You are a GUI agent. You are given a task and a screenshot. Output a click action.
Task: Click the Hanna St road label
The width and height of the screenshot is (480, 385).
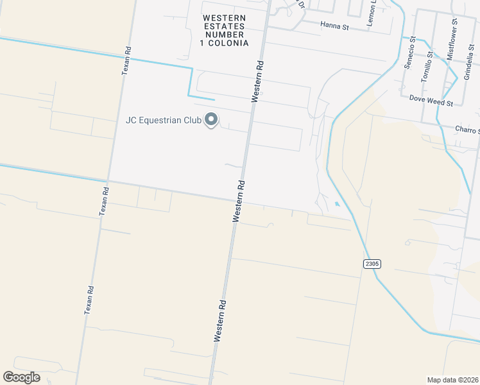tap(335, 27)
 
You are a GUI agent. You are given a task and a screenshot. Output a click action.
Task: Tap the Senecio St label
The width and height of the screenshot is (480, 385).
tap(413, 49)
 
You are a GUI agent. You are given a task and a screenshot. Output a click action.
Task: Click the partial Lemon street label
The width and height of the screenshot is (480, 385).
tap(372, 12)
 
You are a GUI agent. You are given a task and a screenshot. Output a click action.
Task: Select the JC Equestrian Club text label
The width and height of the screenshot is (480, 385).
tap(164, 120)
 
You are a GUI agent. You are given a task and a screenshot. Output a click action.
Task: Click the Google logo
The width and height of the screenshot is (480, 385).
tap(21, 377)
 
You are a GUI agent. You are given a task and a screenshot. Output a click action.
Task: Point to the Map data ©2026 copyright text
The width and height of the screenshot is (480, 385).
tap(452, 380)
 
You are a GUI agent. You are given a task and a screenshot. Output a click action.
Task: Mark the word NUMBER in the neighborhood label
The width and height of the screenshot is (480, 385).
tap(223, 35)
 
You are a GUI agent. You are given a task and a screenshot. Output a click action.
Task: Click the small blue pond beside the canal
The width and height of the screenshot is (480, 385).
tap(337, 205)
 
